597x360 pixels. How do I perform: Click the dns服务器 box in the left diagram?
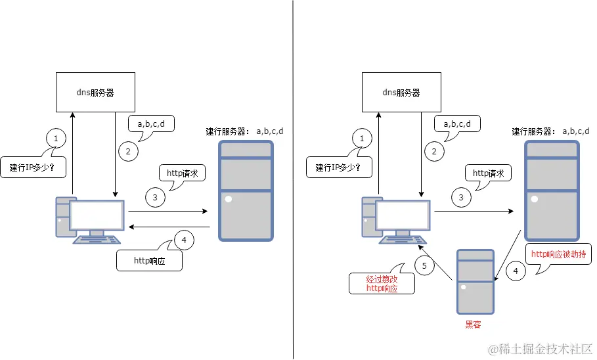[95, 93]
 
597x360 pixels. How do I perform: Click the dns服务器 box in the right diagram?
[401, 93]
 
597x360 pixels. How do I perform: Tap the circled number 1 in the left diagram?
[56, 139]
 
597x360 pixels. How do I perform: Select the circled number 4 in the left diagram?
[183, 240]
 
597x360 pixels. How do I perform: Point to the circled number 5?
[424, 266]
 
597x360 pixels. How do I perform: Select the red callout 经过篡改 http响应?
[382, 283]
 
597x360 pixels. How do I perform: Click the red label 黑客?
[474, 325]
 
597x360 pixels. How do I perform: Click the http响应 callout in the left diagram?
[148, 261]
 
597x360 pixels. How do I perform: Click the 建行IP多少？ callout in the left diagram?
[36, 168]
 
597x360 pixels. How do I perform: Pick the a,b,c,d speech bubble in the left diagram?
[150, 124]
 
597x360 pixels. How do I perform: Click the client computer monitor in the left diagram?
[97, 215]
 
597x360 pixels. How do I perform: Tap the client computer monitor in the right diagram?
[403, 215]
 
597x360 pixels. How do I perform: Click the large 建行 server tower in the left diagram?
[246, 190]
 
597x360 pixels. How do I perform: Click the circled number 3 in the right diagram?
[461, 196]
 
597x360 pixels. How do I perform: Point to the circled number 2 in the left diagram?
[128, 151]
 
